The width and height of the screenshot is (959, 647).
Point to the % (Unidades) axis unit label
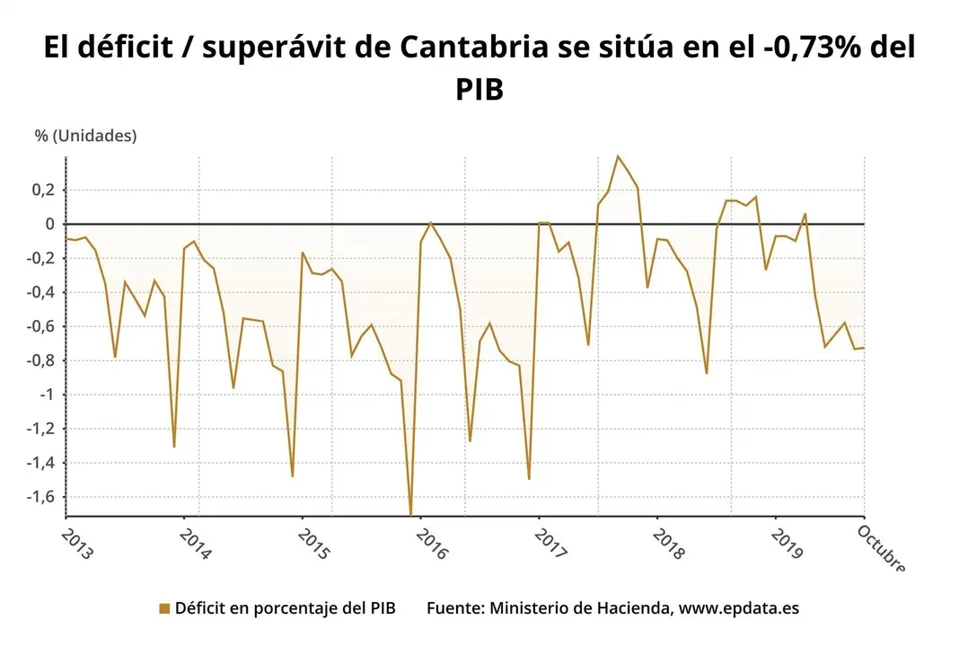pyautogui.click(x=86, y=136)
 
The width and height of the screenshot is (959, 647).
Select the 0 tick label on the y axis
pyautogui.click(x=50, y=224)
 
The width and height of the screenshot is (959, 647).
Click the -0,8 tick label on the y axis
pyautogui.click(x=42, y=360)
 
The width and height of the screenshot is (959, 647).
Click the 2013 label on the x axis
pyautogui.click(x=77, y=545)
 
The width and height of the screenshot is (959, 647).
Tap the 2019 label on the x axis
pyautogui.click(x=787, y=545)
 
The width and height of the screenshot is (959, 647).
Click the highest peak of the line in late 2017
pyautogui.click(x=618, y=156)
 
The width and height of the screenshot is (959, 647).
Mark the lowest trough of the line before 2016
pyautogui.click(x=410, y=514)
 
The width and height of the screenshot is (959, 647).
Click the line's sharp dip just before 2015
pyautogui.click(x=292, y=475)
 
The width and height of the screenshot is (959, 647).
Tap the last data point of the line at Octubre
pyautogui.click(x=863, y=348)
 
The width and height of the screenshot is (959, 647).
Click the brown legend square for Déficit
pyautogui.click(x=163, y=608)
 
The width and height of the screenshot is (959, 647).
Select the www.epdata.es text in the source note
pyautogui.click(x=738, y=608)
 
